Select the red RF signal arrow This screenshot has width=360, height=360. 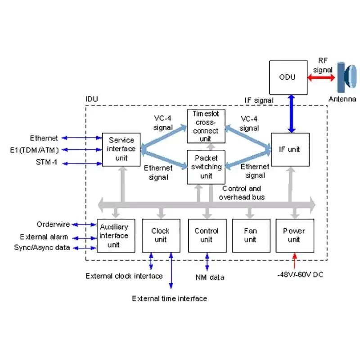321,77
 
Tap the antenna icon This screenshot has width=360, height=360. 346,77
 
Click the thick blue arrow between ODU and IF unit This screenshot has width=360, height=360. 292,114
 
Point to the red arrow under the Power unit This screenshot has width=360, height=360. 295,261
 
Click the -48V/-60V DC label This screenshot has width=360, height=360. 300,274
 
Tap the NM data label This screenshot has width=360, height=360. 210,277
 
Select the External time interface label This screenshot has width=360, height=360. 170,298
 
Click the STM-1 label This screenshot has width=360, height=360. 47,162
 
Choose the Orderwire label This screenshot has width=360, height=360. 53,224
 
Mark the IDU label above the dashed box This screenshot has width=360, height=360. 92,99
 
